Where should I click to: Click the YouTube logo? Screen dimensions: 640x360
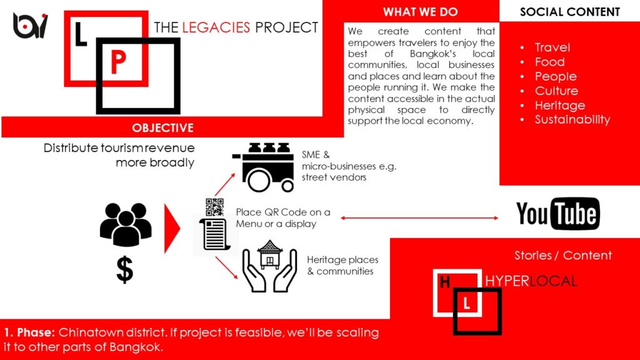558,214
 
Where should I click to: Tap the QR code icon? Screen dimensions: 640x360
214,207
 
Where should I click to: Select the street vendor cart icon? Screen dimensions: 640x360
263,167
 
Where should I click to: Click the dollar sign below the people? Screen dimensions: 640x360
124,269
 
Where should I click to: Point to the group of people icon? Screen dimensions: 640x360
126,225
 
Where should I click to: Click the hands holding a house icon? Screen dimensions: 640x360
269,266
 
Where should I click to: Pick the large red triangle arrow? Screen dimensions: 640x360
172,229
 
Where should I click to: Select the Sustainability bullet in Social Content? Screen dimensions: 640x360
572,119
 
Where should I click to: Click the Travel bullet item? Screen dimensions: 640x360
552,47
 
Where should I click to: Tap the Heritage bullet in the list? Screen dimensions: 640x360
560,105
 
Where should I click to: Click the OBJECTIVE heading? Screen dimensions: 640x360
162,127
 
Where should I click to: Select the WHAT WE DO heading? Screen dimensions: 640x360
421,12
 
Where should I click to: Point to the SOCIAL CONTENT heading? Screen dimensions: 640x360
570,12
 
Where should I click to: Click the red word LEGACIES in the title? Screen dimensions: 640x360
216,27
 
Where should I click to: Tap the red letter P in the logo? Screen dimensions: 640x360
118,62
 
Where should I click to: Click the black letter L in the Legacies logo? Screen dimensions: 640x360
81,34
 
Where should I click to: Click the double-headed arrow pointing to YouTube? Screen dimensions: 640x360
419,218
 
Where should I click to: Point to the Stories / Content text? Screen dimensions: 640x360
563,256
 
